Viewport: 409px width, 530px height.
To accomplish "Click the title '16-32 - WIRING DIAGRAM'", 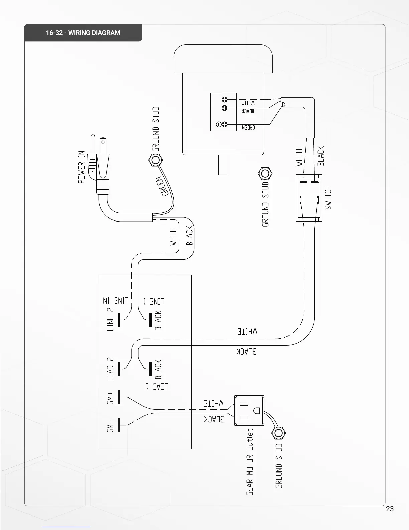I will pos(83,33).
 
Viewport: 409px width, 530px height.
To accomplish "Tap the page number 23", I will pos(390,509).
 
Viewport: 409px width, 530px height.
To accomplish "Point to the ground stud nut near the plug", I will pos(155,160).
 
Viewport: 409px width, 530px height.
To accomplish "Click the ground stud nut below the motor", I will pos(265,173).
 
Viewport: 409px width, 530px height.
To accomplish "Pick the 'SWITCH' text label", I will pos(328,197).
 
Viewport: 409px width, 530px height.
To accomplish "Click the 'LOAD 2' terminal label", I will pos(110,369).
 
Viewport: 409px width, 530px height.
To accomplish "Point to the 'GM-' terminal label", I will pos(111,426).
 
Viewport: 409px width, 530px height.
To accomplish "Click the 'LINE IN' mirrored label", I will pos(116,300).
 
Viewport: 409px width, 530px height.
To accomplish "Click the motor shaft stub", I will pos(223,165).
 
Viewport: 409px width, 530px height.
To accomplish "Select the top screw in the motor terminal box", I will pos(224,99).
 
